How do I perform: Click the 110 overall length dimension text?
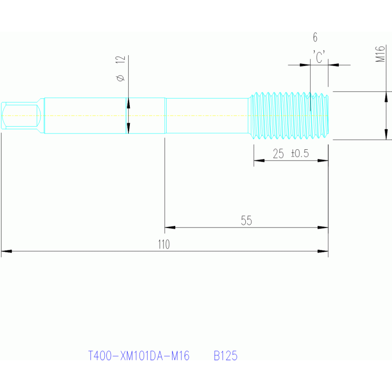(x=164, y=244)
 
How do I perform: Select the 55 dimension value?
(x=246, y=221)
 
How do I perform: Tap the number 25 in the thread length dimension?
(x=278, y=154)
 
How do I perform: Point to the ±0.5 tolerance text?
(x=300, y=153)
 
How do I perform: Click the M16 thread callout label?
(x=380, y=54)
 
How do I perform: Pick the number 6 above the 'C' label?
(x=315, y=37)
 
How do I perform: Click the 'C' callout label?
(x=319, y=57)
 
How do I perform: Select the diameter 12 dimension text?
(x=120, y=68)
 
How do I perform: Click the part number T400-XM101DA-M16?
(x=139, y=356)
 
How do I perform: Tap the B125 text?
(x=225, y=356)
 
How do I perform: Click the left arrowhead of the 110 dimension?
(x=7, y=251)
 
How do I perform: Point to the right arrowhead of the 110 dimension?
(x=323, y=251)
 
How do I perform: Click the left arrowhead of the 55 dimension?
(x=170, y=227)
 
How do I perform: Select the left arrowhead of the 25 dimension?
(x=259, y=160)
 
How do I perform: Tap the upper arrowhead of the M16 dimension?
(x=386, y=97)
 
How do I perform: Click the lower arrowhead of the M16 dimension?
(x=386, y=134)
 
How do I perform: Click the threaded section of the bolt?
(x=290, y=116)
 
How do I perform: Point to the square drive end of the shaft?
(x=21, y=116)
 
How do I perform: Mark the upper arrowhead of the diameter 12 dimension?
(x=128, y=103)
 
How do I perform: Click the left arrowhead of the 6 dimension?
(x=305, y=65)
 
